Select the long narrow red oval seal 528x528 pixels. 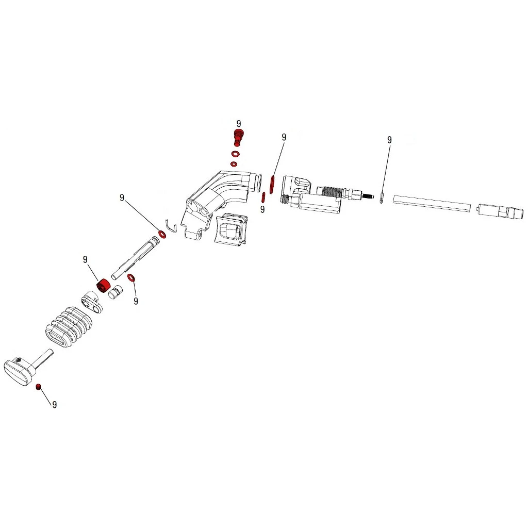(x=271, y=183)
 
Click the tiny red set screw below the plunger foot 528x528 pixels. (x=38, y=386)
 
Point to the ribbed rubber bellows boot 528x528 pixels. (x=69, y=328)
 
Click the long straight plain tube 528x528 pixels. (x=432, y=203)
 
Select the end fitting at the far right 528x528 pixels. (x=500, y=212)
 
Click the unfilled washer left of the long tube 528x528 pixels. (x=382, y=197)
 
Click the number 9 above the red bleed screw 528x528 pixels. (x=239, y=124)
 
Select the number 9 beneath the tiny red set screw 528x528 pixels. (x=54, y=405)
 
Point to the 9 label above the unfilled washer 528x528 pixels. (x=389, y=140)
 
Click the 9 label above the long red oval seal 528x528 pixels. (x=284, y=137)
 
